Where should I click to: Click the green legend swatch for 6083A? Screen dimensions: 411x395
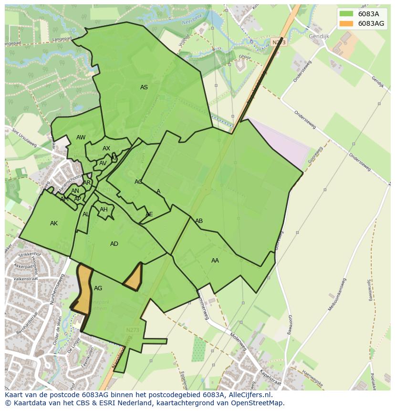(346, 14)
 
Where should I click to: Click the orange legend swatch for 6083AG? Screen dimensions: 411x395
(346, 23)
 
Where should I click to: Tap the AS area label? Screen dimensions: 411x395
(144, 87)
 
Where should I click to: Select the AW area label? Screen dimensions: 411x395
(81, 138)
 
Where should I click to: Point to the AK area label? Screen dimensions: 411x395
(54, 223)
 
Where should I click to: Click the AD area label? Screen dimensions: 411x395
(114, 244)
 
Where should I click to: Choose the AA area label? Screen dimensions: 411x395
(215, 261)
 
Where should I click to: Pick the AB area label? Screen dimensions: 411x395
(199, 221)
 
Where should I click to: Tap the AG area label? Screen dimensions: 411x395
(98, 288)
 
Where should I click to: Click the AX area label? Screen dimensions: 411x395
(106, 149)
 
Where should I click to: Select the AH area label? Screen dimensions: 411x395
(104, 210)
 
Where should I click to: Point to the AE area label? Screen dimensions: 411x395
(149, 215)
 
